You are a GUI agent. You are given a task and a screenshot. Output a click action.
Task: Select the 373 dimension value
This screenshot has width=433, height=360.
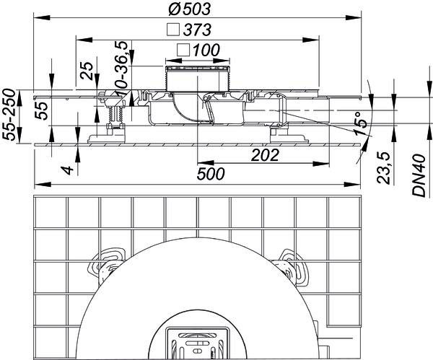[x=198, y=30]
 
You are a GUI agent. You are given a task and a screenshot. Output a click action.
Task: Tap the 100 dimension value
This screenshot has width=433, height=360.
[x=206, y=50]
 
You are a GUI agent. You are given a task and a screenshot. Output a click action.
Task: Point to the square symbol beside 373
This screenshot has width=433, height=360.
[x=173, y=30]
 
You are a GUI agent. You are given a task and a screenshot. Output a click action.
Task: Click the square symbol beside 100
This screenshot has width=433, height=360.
[x=183, y=51]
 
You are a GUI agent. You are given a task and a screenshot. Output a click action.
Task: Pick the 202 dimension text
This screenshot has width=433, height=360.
[x=265, y=155]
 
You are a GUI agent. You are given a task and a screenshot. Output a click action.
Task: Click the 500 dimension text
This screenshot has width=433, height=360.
[x=211, y=174]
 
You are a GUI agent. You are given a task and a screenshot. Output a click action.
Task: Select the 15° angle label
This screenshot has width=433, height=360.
[x=362, y=123]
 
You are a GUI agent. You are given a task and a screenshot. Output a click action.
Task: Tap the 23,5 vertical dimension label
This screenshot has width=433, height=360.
[x=384, y=168]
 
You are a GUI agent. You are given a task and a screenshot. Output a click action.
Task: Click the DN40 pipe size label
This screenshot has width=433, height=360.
[x=419, y=175]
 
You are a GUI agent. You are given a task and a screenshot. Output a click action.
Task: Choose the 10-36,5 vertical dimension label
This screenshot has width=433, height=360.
[x=121, y=69]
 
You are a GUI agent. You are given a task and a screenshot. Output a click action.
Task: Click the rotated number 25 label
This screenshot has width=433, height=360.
[x=87, y=71]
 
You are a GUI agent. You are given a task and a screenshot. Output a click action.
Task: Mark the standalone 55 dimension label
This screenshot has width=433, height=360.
[x=42, y=110]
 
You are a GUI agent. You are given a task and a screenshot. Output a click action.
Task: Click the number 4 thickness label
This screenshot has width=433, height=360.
[x=68, y=170]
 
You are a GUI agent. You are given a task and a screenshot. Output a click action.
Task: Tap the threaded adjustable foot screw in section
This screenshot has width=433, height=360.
[x=116, y=114]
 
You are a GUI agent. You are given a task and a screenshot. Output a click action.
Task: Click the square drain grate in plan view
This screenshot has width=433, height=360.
[x=198, y=343]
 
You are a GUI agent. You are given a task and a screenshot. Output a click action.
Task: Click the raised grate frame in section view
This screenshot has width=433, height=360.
[x=198, y=79]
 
